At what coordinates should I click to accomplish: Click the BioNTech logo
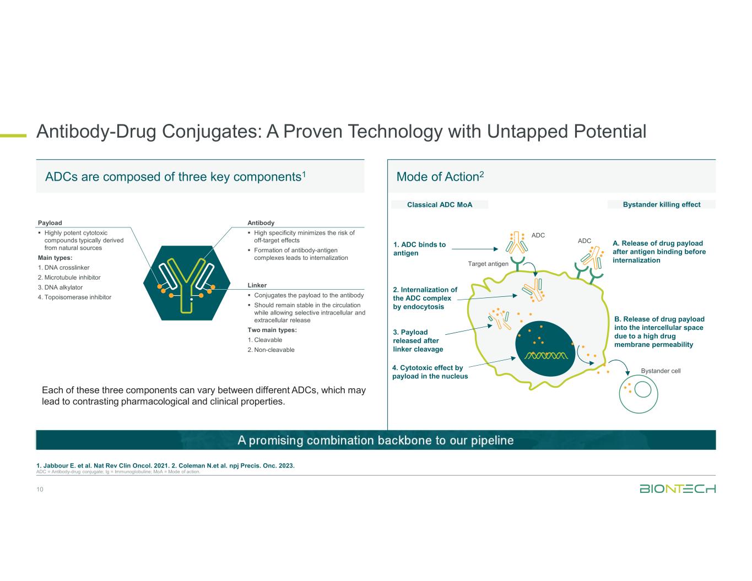(x=678, y=488)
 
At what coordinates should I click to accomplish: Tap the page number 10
(x=40, y=489)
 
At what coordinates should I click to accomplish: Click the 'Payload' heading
(x=50, y=222)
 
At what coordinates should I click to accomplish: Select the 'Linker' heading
(x=257, y=285)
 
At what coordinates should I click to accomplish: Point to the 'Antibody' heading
(x=261, y=222)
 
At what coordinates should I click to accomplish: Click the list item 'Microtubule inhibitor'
(x=69, y=278)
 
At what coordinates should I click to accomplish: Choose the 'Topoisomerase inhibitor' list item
(x=74, y=297)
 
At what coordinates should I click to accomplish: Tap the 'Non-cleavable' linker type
(x=271, y=350)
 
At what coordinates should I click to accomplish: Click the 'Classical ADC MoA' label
(x=440, y=205)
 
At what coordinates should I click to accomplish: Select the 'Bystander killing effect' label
(x=661, y=204)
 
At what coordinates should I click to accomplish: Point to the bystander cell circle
(x=619, y=394)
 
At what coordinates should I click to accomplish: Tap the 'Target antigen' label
(x=488, y=264)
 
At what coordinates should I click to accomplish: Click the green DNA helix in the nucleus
(x=546, y=356)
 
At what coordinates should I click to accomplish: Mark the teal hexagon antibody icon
(x=187, y=283)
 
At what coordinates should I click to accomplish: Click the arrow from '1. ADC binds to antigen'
(x=475, y=249)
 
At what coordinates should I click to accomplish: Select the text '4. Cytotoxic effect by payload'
(x=430, y=372)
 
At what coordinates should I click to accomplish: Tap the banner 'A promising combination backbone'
(x=376, y=440)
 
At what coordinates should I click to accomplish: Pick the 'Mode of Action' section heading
(x=440, y=176)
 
